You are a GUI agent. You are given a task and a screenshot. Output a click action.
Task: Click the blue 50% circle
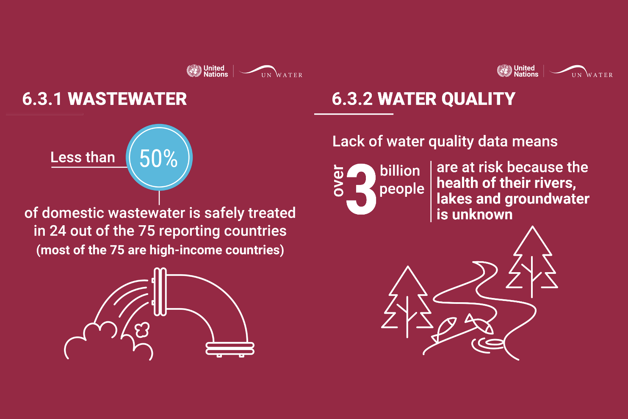[159, 157]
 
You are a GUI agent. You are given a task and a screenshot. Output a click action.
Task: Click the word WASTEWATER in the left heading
[127, 99]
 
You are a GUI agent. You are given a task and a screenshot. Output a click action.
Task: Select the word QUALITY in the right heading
[479, 99]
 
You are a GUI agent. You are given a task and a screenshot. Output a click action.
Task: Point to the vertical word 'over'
[338, 181]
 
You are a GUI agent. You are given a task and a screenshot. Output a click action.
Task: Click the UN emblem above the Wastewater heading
[194, 71]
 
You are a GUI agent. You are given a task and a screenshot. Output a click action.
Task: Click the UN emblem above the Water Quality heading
[504, 71]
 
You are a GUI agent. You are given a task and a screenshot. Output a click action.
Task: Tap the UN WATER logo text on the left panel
[282, 75]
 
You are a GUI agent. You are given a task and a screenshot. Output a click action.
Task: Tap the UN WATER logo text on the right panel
[592, 75]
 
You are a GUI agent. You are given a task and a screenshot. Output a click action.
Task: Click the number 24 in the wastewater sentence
[58, 231]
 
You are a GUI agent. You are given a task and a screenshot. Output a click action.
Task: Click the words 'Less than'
[83, 157]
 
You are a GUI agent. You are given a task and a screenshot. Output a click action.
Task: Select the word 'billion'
[400, 171]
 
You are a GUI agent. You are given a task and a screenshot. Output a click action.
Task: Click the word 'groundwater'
[547, 199]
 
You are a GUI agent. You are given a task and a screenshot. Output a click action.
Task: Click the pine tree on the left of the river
[407, 302]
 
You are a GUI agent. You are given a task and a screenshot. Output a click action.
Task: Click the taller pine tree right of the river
[532, 262]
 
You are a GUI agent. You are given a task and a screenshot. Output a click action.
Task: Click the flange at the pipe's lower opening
[230, 349]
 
